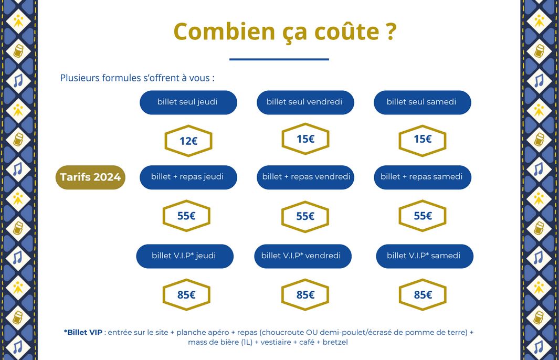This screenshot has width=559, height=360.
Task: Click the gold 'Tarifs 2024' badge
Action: click(x=90, y=177)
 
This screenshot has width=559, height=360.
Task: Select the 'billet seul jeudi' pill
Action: click(x=188, y=102)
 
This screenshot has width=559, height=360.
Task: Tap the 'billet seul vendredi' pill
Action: click(x=305, y=102)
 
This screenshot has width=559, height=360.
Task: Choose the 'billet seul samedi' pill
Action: click(x=422, y=102)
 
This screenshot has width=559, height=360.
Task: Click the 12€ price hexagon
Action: click(x=188, y=141)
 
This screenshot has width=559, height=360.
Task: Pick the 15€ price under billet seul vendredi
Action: click(x=305, y=139)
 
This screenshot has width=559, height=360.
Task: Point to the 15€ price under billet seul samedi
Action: click(x=422, y=141)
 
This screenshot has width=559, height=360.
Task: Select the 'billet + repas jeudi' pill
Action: click(x=188, y=177)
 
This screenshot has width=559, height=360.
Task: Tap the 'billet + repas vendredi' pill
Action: click(x=305, y=177)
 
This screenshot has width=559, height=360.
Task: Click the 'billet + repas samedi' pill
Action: click(x=422, y=177)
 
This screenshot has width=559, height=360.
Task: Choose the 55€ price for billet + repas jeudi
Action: click(x=186, y=216)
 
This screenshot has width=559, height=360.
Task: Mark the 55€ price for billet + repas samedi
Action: click(x=422, y=216)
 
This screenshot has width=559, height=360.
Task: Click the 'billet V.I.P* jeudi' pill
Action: click(x=185, y=256)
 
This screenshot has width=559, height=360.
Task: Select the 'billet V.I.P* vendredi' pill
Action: click(x=303, y=256)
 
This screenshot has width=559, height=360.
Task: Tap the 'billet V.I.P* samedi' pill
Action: click(x=425, y=256)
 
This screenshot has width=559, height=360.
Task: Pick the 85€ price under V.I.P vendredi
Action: click(x=305, y=295)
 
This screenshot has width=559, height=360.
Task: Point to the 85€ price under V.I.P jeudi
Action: click(x=186, y=295)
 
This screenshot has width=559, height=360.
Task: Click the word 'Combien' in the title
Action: click(x=225, y=31)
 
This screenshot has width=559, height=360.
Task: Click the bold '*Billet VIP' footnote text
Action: click(x=83, y=332)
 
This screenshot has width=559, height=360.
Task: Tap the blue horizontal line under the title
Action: click(x=279, y=59)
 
